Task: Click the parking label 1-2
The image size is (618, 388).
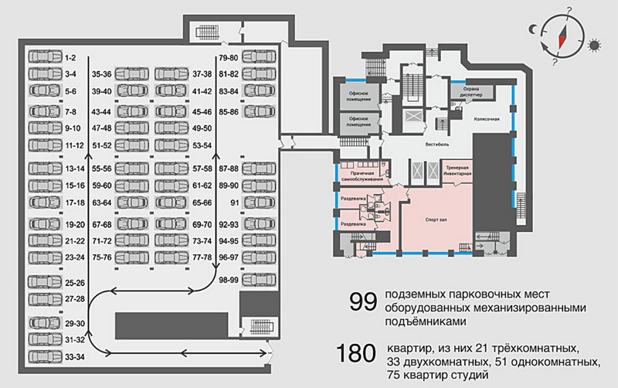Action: (70, 58)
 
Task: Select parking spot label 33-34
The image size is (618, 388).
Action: (74, 356)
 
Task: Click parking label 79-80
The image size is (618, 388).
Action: (228, 58)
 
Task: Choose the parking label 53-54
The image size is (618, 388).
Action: (202, 145)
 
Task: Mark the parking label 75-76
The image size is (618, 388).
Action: (102, 257)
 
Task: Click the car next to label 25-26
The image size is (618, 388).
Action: (42, 283)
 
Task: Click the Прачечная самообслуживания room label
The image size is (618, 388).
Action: (361, 175)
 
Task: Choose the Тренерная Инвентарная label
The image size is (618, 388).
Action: (456, 172)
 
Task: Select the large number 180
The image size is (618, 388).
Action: (355, 354)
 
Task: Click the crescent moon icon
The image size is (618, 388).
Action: (532, 29)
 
